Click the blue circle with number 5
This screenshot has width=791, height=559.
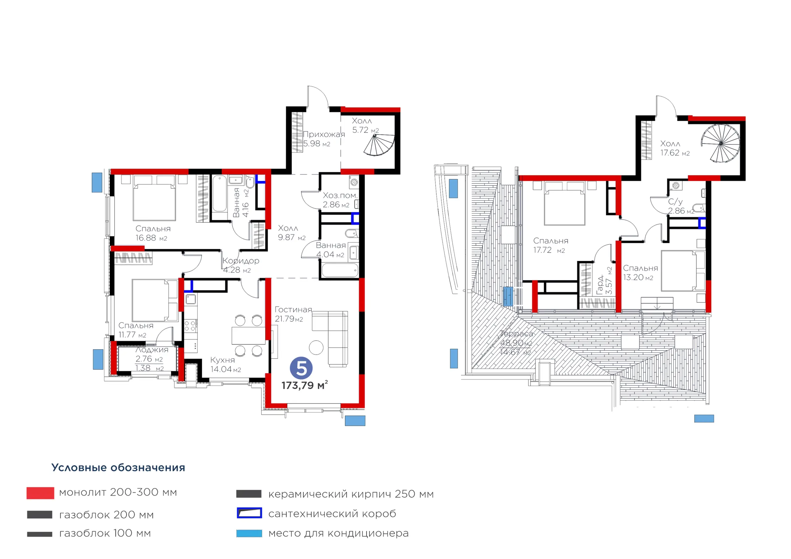(301, 368)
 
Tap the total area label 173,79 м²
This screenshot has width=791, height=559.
(305, 385)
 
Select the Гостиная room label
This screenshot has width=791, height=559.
(293, 310)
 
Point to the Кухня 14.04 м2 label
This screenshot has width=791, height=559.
(226, 365)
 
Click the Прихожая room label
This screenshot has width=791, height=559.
(324, 134)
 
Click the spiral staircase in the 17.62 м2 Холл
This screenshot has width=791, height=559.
(720, 143)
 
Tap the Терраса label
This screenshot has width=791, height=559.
(517, 334)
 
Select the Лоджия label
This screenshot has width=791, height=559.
(152, 350)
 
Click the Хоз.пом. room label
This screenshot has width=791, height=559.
(340, 195)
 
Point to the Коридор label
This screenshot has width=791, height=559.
(241, 261)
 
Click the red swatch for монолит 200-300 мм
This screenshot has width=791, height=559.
(40, 493)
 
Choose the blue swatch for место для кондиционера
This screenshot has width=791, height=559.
(249, 533)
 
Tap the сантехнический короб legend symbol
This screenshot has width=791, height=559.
(249, 513)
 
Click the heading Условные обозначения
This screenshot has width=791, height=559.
(118, 467)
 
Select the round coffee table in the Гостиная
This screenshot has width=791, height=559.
(316, 347)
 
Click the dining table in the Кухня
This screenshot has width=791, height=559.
(248, 335)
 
